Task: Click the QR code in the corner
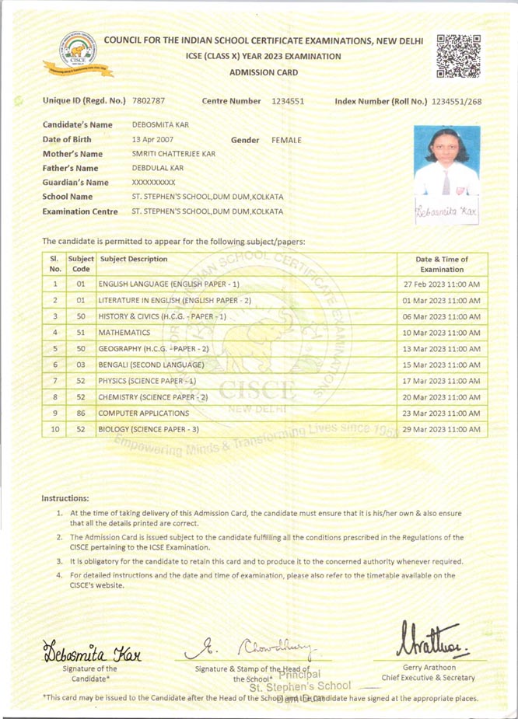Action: (458, 56)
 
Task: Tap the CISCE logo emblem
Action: (78, 53)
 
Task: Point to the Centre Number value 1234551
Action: (288, 102)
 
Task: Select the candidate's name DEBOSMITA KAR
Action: (160, 125)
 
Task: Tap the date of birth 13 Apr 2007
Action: (152, 140)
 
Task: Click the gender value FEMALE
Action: (286, 140)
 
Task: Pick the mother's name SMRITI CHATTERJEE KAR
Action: (173, 154)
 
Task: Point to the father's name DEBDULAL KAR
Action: (158, 168)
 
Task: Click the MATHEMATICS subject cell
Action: (124, 333)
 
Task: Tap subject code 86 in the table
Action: (80, 414)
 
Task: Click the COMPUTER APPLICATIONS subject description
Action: (144, 414)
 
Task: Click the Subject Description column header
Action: (133, 259)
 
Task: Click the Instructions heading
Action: (65, 497)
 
